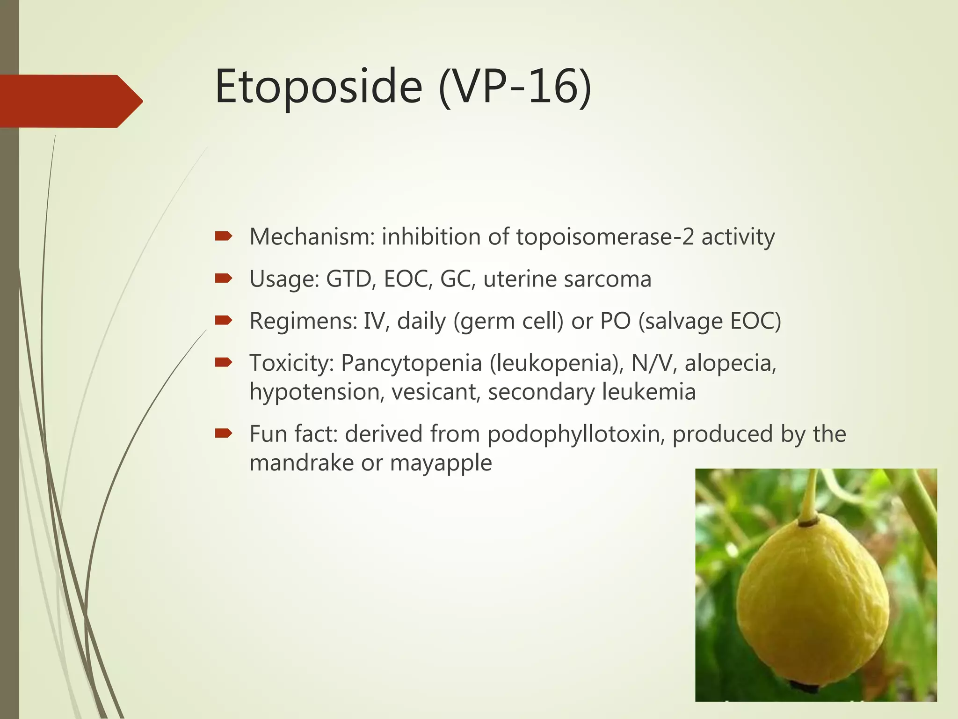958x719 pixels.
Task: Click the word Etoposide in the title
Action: pos(319,87)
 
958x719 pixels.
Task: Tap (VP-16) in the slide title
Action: pos(515,87)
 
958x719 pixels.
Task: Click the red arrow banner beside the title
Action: pos(70,101)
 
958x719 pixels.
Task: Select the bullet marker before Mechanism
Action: pos(223,236)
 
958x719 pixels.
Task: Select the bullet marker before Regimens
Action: pos(223,321)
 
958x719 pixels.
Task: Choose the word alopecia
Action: pos(730,363)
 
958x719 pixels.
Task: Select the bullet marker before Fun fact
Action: pos(223,434)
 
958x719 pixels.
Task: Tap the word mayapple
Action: pos(441,463)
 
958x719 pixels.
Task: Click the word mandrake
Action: pos(301,463)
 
